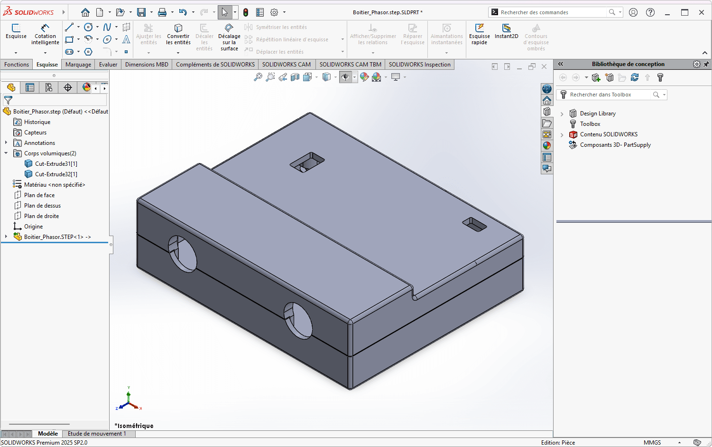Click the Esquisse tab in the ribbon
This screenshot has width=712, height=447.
pos(47,65)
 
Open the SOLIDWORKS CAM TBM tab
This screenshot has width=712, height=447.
pos(350,65)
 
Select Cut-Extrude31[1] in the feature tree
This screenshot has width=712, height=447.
pos(55,164)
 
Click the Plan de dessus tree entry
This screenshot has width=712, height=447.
pos(42,206)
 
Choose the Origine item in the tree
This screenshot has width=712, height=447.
pos(33,227)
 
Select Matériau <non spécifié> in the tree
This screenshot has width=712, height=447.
pos(54,185)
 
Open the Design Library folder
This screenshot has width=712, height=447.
pos(597,114)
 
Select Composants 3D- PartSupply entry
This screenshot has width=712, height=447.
pos(615,145)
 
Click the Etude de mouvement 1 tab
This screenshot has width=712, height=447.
pos(97,434)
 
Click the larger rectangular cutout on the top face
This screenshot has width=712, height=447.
pos(307,162)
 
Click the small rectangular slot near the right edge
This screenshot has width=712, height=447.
pos(474,224)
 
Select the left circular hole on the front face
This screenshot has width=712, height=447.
pos(183,254)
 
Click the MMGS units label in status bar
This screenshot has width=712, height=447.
pos(652,443)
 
